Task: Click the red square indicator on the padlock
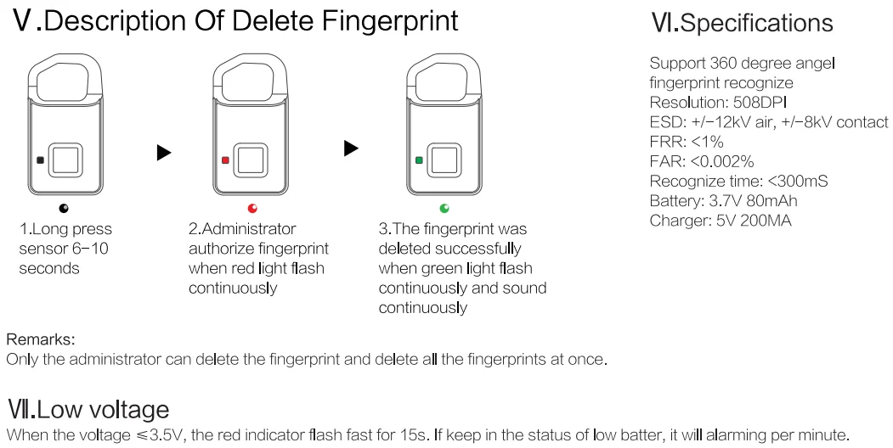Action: point(225,160)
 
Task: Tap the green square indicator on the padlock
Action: point(419,160)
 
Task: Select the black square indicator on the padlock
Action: point(40,160)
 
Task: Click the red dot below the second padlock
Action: point(252,208)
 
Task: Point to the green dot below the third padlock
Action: point(444,208)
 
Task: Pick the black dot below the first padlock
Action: point(63,208)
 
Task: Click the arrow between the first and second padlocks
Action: point(164,153)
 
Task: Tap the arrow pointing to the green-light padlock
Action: point(352,148)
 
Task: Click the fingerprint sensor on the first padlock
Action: point(65,160)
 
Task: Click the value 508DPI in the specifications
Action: point(759,103)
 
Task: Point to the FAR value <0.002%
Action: point(721,161)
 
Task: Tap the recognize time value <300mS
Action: point(797,182)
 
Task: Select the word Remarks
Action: point(41,339)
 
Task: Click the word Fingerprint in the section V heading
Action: point(390,21)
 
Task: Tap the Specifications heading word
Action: point(757,23)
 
